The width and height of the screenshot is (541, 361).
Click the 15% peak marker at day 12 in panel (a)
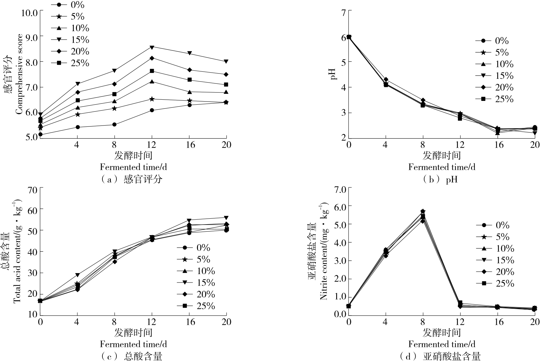[152, 47]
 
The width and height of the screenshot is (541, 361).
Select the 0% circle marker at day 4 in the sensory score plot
[77, 127]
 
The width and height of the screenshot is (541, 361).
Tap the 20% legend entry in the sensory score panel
[72, 51]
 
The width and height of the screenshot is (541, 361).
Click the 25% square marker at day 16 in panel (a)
[189, 80]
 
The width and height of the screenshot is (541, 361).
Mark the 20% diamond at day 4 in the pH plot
[386, 79]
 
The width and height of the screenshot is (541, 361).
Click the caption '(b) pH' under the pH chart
[440, 180]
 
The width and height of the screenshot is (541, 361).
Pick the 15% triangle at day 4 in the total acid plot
[77, 275]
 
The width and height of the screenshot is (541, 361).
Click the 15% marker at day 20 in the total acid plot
[226, 217]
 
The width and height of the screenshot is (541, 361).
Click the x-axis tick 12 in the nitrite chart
[460, 322]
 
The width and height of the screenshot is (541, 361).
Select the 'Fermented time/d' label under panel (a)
[133, 167]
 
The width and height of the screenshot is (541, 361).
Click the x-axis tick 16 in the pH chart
[499, 145]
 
